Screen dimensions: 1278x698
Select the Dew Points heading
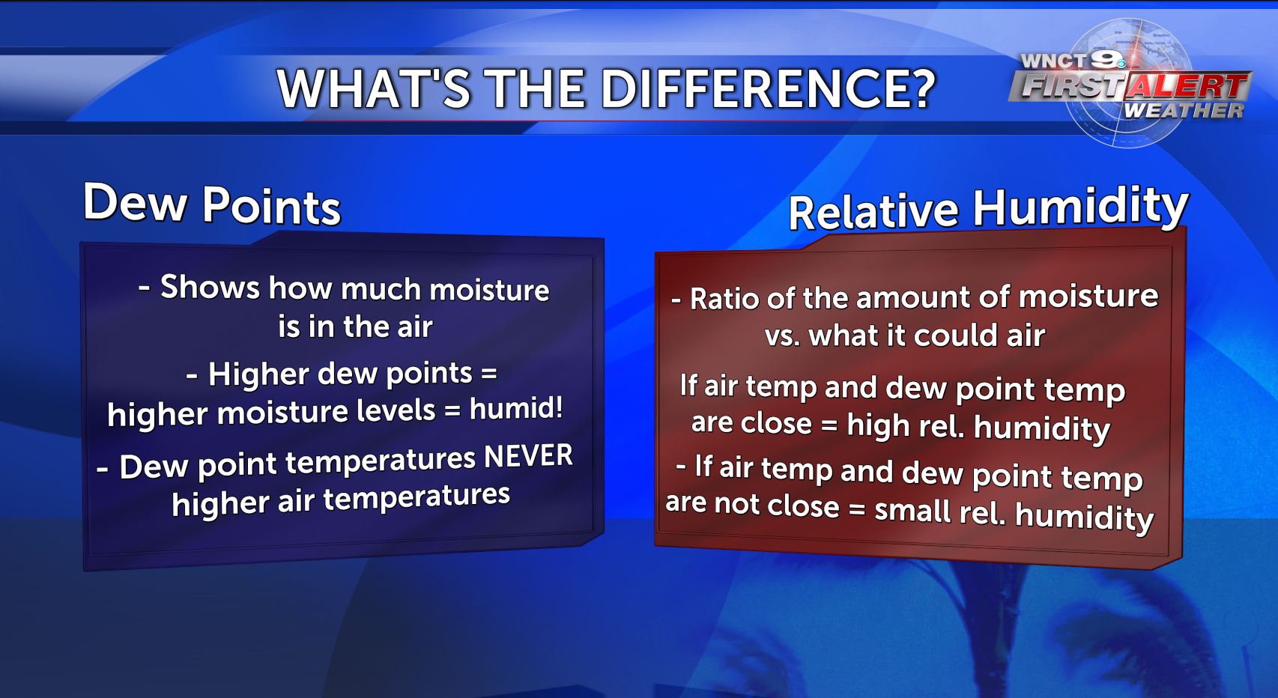click(x=212, y=203)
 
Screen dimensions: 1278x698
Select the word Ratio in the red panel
click(x=724, y=298)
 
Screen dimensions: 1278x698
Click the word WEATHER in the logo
click(x=1184, y=110)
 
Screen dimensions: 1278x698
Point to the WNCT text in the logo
click(x=1054, y=61)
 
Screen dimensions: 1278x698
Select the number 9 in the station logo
click(x=1107, y=59)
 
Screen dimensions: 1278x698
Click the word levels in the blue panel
click(x=396, y=410)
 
